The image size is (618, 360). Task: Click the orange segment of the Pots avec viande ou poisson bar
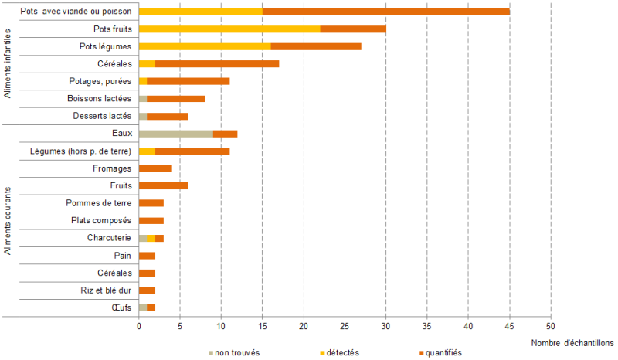(x=386, y=12)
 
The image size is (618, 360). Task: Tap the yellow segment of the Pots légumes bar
(x=205, y=46)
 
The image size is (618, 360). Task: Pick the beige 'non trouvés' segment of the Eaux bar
(x=176, y=134)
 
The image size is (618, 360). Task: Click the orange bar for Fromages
(x=155, y=168)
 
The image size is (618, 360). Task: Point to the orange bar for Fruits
(x=163, y=185)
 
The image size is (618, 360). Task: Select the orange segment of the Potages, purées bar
(x=188, y=81)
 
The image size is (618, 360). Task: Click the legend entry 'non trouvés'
(x=236, y=352)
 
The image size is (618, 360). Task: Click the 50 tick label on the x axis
(x=551, y=326)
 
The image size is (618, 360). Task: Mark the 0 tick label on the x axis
(x=139, y=326)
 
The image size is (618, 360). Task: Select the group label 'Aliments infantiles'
(x=8, y=63)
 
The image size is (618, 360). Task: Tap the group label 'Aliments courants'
(x=8, y=220)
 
